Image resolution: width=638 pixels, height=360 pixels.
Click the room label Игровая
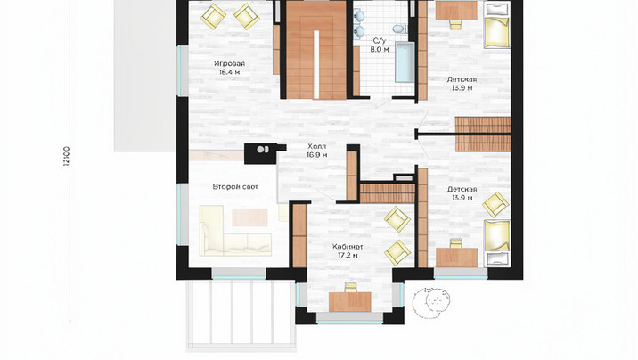(x=230, y=64)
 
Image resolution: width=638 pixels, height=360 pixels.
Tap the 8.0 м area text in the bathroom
(x=380, y=50)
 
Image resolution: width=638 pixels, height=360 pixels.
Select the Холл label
(x=316, y=146)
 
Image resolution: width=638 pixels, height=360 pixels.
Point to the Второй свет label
(x=235, y=187)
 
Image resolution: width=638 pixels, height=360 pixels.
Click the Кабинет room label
(x=348, y=247)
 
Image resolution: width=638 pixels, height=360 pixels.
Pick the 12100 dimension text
(x=67, y=156)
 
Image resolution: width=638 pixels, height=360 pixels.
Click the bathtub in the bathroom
(x=405, y=61)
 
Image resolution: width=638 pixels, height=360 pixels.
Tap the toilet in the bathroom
(x=400, y=29)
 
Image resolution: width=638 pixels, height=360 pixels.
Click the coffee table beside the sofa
(x=249, y=217)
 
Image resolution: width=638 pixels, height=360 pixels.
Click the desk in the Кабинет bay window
(x=350, y=302)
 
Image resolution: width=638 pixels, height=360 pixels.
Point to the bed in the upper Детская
(x=497, y=25)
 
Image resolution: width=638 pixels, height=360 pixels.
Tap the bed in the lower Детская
(x=497, y=242)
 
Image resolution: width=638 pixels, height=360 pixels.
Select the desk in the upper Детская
(x=456, y=11)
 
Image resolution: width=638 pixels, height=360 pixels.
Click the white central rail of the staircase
(x=316, y=64)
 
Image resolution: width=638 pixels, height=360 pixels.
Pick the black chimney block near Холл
(x=261, y=153)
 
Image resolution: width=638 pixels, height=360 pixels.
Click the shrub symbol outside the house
(x=431, y=302)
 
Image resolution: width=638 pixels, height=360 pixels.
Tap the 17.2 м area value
(x=348, y=256)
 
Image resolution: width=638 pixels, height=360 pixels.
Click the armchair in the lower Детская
(x=495, y=204)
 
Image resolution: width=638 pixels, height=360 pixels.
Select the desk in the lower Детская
(x=456, y=258)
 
